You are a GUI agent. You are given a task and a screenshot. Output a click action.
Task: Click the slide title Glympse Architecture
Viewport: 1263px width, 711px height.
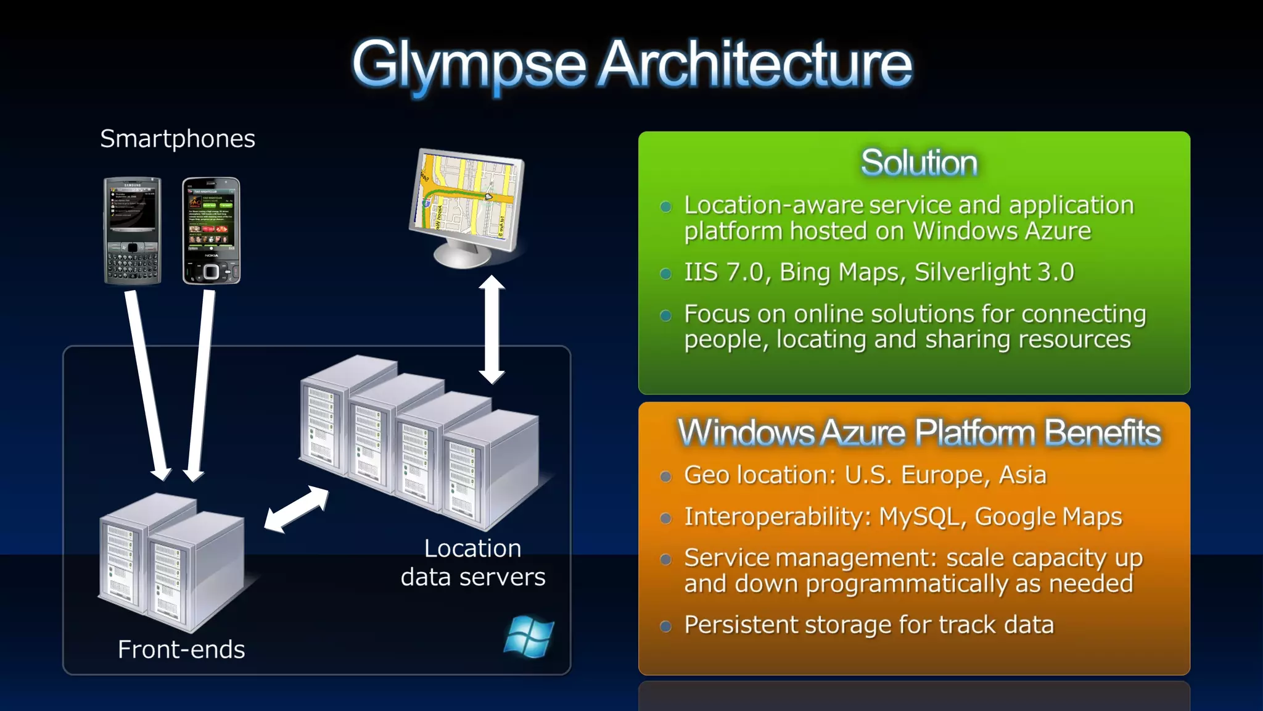click(x=631, y=64)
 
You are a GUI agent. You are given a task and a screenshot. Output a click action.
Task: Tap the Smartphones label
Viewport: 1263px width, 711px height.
click(x=178, y=139)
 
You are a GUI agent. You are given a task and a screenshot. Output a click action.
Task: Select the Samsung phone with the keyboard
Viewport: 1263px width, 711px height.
click(x=133, y=231)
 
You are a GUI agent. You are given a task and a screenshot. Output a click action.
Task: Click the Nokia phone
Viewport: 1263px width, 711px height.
click(x=211, y=231)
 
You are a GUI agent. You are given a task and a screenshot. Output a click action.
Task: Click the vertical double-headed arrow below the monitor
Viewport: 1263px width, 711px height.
click(x=492, y=329)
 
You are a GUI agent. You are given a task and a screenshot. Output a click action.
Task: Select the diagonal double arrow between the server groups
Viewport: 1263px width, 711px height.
click(x=296, y=509)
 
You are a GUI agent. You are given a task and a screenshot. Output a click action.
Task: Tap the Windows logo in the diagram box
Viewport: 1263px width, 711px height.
click(x=529, y=636)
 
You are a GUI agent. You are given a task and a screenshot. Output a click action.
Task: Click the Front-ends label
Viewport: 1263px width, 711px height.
click(x=181, y=649)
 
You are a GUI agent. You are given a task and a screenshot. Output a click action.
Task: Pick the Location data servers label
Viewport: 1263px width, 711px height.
click(x=473, y=562)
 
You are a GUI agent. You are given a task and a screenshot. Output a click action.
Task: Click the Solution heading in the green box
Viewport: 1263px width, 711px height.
click(x=919, y=163)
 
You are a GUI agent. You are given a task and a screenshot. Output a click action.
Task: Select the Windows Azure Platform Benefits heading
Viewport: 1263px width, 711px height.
click(x=919, y=432)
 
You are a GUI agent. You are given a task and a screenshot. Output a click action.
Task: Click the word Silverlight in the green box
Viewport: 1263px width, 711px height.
click(x=973, y=272)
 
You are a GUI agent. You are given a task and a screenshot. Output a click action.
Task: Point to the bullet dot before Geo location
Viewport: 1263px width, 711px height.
click(x=665, y=476)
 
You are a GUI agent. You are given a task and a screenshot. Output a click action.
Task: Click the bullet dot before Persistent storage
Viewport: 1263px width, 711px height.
click(x=665, y=626)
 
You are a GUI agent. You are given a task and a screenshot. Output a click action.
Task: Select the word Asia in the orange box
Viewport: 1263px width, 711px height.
click(x=1022, y=475)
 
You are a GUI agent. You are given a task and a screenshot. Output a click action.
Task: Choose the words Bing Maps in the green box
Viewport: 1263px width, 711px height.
click(x=842, y=272)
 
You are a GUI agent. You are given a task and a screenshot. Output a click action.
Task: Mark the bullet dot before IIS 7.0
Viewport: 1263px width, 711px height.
click(x=665, y=273)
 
